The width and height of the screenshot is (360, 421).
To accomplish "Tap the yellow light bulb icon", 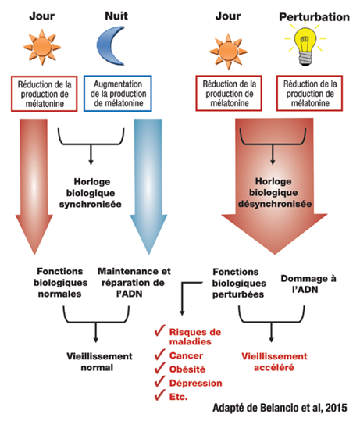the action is pyautogui.click(x=305, y=45).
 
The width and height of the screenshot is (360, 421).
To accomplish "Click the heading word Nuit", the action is pyautogui.click(x=116, y=16).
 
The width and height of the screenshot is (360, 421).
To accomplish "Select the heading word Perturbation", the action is pyautogui.click(x=315, y=17).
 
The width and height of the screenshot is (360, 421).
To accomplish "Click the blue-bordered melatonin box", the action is pyautogui.click(x=118, y=94).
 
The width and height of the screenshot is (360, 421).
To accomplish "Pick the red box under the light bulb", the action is pyautogui.click(x=309, y=93).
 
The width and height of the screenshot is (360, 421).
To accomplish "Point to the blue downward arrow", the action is pyautogui.click(x=148, y=186).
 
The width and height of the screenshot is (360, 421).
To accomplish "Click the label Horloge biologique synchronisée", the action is pyautogui.click(x=91, y=193).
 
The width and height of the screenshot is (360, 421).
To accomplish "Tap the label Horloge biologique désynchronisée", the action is pyautogui.click(x=275, y=192).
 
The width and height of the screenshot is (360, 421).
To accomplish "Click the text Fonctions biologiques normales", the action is pyautogui.click(x=60, y=283).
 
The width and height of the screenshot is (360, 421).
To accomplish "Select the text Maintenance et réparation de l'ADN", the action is pyautogui.click(x=134, y=283).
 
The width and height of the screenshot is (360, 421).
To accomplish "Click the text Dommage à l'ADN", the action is pyautogui.click(x=308, y=284).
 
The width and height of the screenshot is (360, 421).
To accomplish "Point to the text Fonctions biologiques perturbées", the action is pyautogui.click(x=239, y=283).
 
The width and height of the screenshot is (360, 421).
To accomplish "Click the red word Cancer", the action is pyautogui.click(x=186, y=355).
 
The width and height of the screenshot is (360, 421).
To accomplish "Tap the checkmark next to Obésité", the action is pyautogui.click(x=160, y=368).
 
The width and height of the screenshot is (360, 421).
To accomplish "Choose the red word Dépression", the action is pyautogui.click(x=196, y=383).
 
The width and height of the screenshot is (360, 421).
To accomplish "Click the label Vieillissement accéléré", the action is pyautogui.click(x=274, y=362).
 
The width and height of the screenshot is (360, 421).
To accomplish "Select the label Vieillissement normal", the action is pyautogui.click(x=99, y=362).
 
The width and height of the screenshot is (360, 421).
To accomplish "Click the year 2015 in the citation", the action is pyautogui.click(x=336, y=408).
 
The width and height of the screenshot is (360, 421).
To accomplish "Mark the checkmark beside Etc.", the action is pyautogui.click(x=160, y=395).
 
